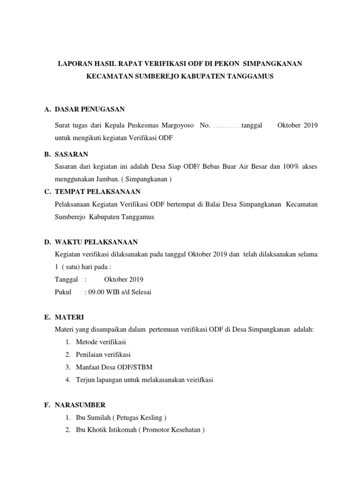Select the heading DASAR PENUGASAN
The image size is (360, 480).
(x=90, y=109)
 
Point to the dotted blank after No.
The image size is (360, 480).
(x=227, y=126)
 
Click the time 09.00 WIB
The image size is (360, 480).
(x=106, y=292)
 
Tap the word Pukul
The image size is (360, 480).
(x=63, y=292)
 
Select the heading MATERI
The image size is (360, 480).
(x=69, y=317)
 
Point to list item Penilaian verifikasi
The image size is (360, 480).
(x=103, y=354)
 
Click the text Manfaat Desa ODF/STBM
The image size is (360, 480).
(x=113, y=367)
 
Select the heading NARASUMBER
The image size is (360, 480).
(x=80, y=405)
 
